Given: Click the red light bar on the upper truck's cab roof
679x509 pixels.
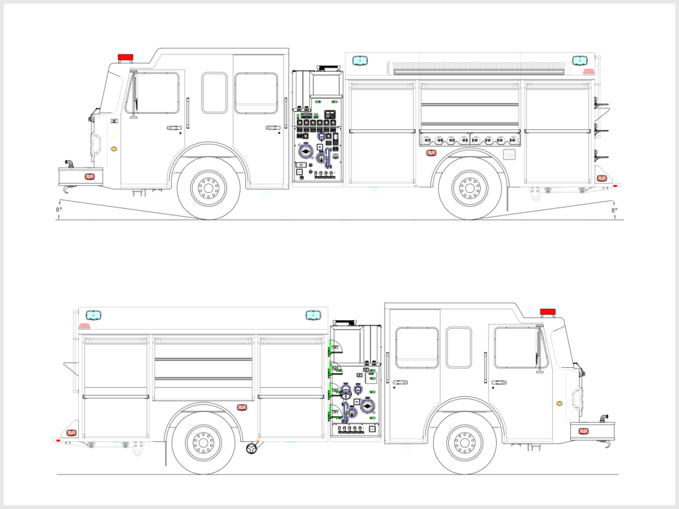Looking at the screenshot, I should [x=125, y=57].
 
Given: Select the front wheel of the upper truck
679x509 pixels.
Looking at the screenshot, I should [x=208, y=188].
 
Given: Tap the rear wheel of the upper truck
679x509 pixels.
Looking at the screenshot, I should [x=469, y=188].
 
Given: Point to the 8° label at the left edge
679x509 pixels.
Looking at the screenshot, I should [x=59, y=209].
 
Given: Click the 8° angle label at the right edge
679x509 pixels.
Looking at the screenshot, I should [x=614, y=209].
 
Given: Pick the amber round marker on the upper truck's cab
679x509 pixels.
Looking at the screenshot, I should [x=114, y=149].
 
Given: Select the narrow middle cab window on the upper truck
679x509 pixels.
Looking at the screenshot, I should [x=214, y=93].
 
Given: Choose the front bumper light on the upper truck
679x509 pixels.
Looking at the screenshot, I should [x=90, y=177].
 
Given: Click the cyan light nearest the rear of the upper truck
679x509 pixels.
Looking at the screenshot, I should [x=580, y=60].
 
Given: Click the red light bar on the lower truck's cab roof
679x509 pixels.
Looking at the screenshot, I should [x=548, y=311].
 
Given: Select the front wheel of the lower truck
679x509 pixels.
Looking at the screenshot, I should [x=464, y=442].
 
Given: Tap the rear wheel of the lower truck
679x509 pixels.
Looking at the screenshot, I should [x=203, y=442].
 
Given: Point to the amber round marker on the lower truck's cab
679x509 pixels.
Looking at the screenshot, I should [x=559, y=403].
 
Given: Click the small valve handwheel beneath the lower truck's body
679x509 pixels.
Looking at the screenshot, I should [x=252, y=449].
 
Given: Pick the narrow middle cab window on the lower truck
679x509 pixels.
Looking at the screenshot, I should [x=459, y=347].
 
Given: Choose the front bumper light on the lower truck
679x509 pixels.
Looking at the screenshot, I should [x=584, y=431].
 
